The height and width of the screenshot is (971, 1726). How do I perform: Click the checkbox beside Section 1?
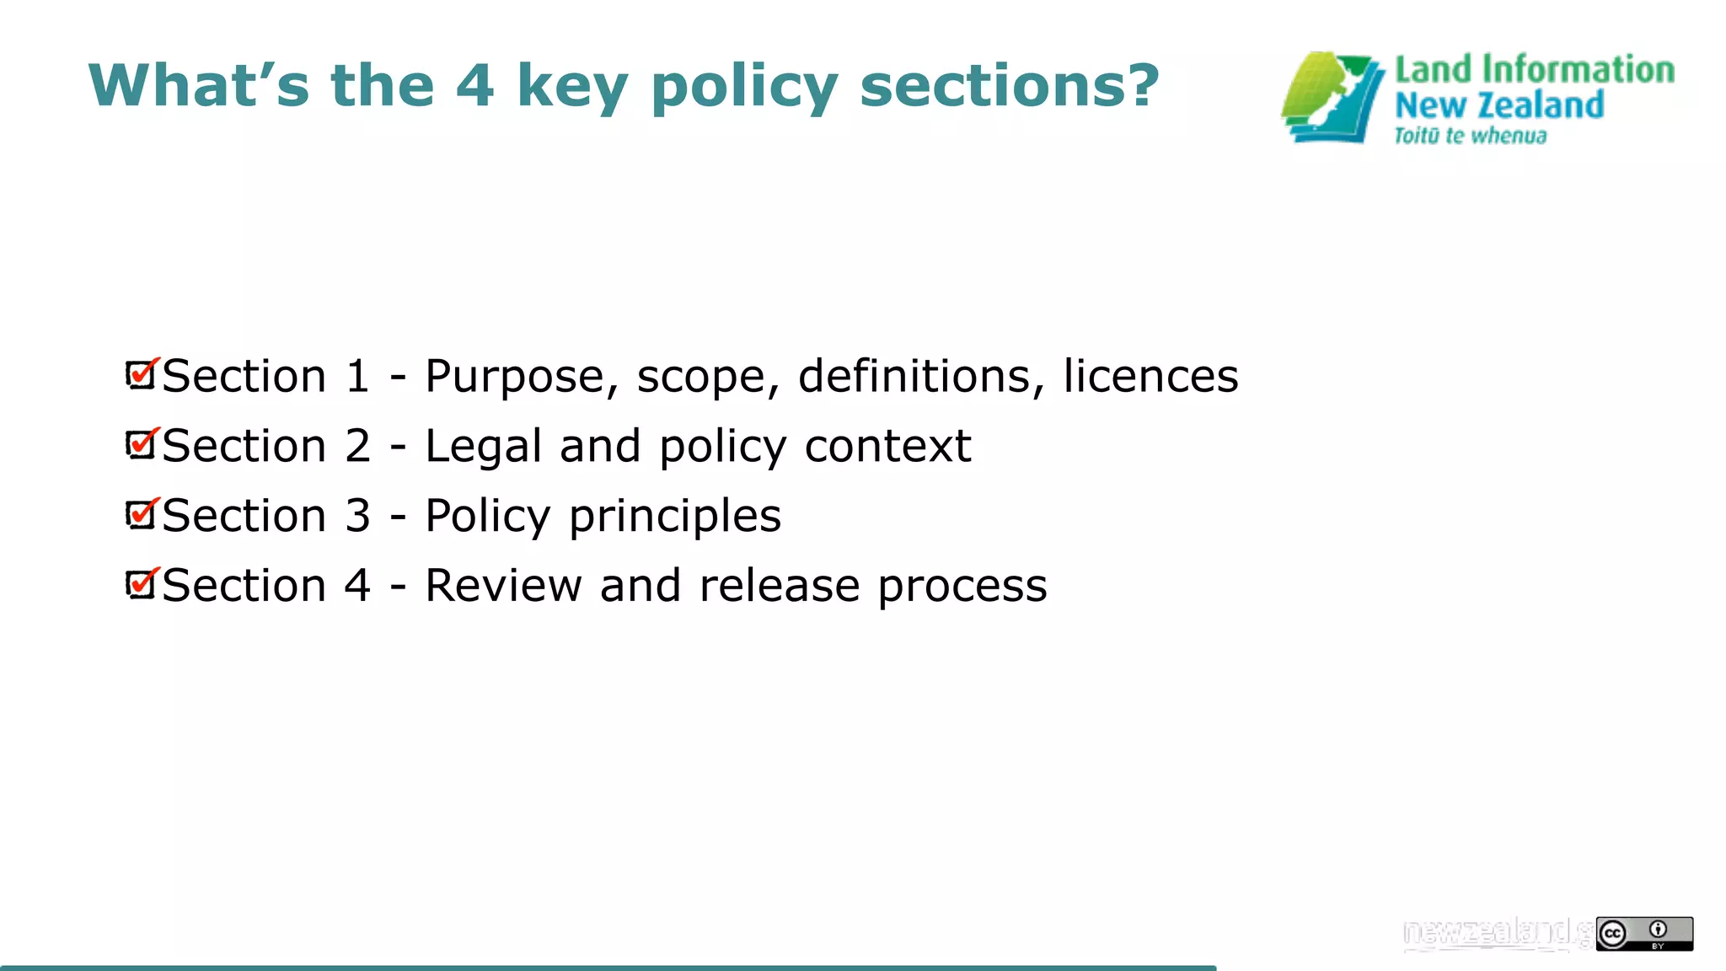[141, 374]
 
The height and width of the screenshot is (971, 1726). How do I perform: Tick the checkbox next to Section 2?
[141, 444]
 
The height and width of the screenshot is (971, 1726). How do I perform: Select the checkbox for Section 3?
[141, 514]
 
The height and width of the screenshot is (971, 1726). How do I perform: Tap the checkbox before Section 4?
[141, 584]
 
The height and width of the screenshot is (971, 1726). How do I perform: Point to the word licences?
[1150, 376]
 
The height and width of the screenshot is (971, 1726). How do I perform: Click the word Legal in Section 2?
[484, 447]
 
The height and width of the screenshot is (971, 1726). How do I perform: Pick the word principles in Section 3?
[675, 517]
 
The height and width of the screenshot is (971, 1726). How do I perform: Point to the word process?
[962, 587]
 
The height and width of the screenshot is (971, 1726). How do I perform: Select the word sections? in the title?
[1010, 86]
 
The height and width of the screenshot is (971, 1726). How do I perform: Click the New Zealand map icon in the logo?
[1332, 98]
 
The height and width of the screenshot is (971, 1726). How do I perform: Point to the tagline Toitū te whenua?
[1470, 136]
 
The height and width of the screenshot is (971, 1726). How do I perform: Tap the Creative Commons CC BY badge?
[1643, 933]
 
